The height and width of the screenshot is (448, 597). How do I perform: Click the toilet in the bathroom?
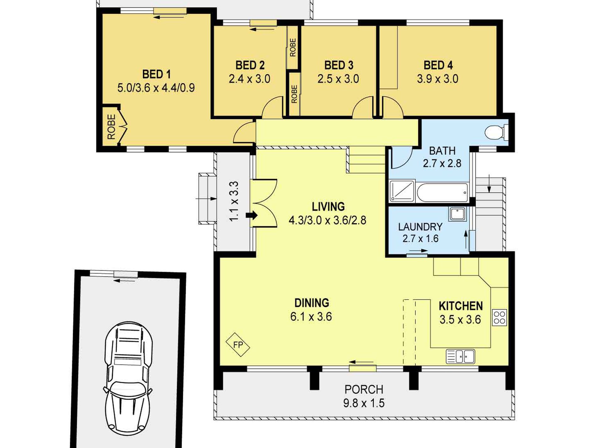tap(496, 132)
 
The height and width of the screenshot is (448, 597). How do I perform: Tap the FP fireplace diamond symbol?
tap(238, 345)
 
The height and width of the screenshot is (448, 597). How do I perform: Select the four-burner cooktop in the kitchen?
tap(499, 318)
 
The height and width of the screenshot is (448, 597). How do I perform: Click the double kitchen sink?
tap(460, 357)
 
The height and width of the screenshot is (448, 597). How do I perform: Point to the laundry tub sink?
tap(457, 214)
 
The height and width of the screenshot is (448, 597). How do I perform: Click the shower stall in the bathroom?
tap(402, 191)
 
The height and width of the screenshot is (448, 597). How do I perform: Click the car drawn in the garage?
tap(128, 379)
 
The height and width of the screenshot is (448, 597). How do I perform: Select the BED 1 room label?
tap(156, 74)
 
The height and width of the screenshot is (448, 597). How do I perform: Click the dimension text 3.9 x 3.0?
tap(438, 79)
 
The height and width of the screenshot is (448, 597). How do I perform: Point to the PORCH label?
tap(364, 390)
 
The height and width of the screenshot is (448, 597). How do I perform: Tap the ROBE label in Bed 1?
tap(111, 127)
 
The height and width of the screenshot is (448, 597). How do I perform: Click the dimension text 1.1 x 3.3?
tap(234, 201)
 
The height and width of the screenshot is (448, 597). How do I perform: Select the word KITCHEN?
tap(461, 306)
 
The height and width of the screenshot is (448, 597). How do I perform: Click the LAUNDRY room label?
tap(420, 227)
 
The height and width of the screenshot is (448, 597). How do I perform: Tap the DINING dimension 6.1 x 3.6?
tap(311, 317)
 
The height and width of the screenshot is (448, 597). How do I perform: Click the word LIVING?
tap(328, 207)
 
